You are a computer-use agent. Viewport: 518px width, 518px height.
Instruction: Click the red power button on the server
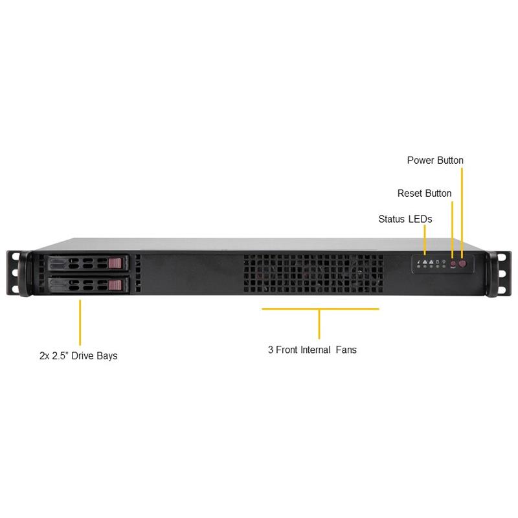463,265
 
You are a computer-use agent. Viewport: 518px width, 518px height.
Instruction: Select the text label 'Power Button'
435,160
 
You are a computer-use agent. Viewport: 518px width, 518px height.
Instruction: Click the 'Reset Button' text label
424,193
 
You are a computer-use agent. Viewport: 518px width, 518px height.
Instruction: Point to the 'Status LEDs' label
405,219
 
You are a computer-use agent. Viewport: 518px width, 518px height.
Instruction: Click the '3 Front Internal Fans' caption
312,350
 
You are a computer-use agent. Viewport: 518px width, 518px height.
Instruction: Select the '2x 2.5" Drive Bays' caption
78,355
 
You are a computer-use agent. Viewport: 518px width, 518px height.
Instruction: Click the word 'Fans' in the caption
346,350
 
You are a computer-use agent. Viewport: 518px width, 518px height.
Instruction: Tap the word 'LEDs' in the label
420,219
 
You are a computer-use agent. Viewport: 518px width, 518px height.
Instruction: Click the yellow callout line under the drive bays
80,322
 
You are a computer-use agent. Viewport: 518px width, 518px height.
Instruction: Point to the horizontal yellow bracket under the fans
320,310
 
